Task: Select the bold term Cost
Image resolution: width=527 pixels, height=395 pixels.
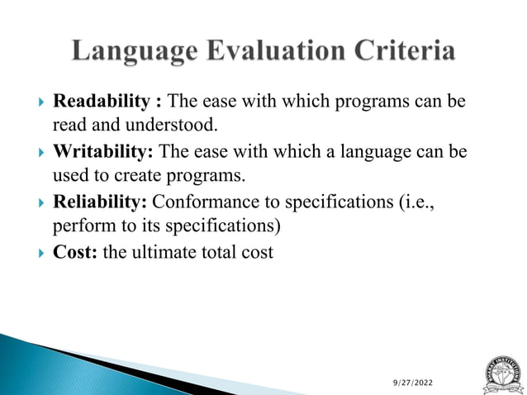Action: pos(76,253)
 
